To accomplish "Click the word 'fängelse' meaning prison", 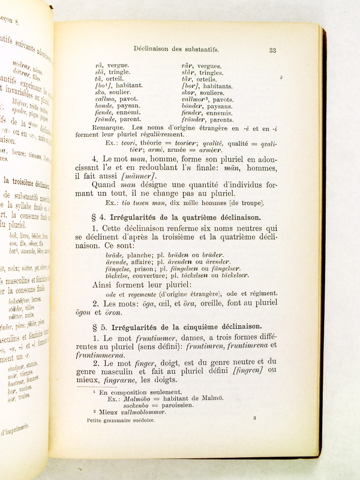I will (119, 268).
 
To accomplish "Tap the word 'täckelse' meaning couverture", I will (118, 275).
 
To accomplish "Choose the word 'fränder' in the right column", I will (193, 119).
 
